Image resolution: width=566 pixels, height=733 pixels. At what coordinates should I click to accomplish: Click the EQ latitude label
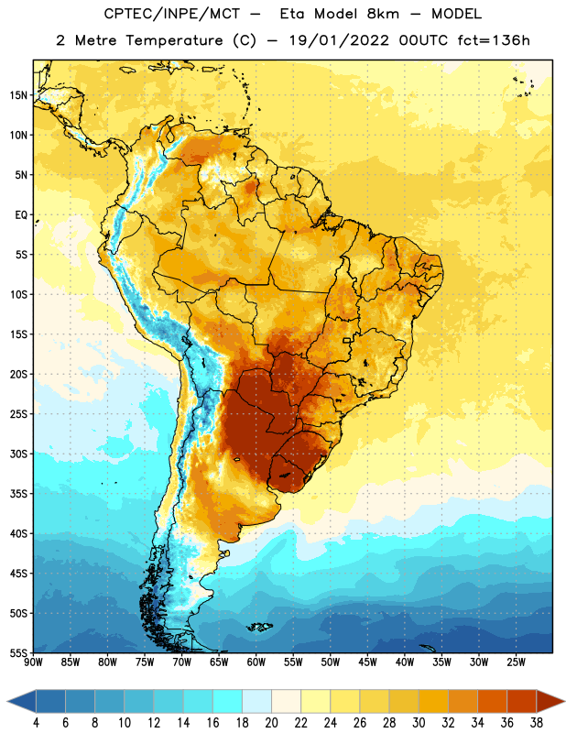(21, 215)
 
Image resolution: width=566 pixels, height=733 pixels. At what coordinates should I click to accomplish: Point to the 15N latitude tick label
(18, 95)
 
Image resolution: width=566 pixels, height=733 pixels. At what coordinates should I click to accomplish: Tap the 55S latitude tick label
(18, 653)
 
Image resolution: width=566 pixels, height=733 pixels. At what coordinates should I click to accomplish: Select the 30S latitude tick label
(18, 454)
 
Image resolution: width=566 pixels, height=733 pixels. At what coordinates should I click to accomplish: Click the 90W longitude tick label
(34, 662)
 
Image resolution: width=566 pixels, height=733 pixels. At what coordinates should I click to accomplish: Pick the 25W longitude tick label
(517, 662)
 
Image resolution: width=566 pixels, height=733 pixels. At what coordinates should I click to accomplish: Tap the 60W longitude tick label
(256, 662)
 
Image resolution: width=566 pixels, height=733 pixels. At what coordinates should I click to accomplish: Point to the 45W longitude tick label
(368, 662)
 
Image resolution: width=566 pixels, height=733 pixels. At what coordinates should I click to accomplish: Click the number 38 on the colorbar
(537, 723)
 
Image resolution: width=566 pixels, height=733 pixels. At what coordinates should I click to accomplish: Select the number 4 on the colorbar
(36, 723)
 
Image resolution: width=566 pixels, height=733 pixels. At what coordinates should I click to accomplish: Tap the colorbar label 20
(271, 723)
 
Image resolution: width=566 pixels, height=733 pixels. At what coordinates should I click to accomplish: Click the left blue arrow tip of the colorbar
(7, 702)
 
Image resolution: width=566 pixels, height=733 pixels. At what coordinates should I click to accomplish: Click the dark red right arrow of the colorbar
(550, 702)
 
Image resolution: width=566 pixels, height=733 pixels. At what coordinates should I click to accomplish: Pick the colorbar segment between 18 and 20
(256, 702)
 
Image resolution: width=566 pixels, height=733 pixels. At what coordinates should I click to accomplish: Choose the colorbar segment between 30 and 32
(433, 702)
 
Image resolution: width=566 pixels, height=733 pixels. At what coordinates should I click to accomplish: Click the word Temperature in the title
(174, 40)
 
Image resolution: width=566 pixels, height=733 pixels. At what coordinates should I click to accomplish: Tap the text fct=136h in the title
(494, 40)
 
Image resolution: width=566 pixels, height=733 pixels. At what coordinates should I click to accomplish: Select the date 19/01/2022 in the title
(339, 40)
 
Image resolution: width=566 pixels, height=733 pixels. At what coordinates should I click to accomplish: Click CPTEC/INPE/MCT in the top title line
(172, 14)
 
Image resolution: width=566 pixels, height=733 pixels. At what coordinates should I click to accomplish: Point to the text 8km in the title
(383, 14)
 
